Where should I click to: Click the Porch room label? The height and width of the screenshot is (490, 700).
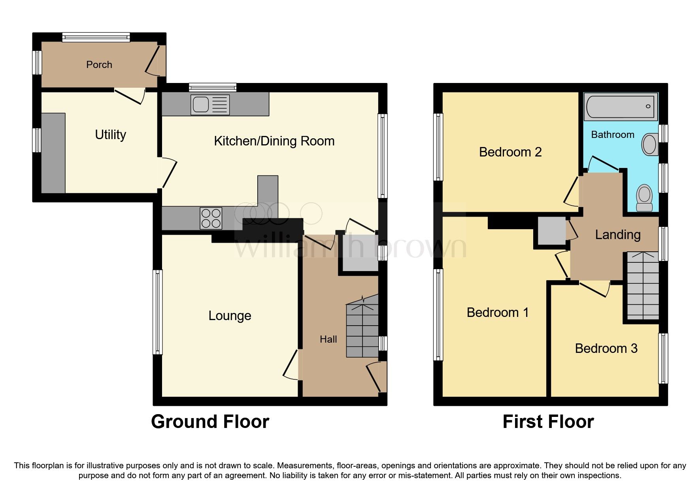(99, 64)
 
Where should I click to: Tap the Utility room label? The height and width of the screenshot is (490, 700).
(110, 135)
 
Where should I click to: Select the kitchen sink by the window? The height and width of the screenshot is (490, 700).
(209, 105)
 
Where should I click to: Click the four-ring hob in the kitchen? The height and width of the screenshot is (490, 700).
(211, 218)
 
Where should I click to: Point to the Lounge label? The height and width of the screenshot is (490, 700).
(230, 316)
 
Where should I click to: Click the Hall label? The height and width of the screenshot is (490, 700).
(328, 339)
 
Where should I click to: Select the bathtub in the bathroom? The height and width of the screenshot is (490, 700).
(621, 106)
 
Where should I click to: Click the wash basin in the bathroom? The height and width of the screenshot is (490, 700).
(649, 144)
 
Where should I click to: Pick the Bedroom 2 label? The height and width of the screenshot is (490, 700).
(510, 152)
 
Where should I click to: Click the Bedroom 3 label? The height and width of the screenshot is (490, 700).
(606, 349)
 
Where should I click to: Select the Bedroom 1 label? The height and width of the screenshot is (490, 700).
(497, 313)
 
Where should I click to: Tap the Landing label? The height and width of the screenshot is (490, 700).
(617, 235)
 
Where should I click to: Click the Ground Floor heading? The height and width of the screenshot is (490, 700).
(210, 422)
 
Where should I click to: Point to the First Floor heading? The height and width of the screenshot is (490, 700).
(548, 422)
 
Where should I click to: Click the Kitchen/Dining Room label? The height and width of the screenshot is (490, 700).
(274, 141)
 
